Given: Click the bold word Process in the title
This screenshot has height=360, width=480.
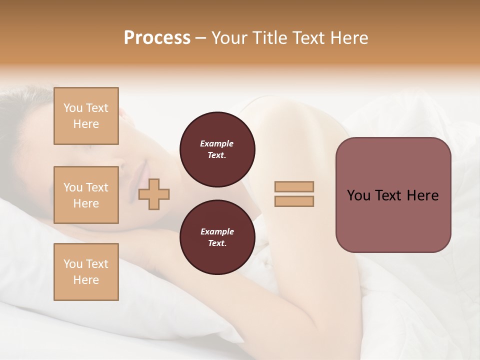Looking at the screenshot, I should click(x=157, y=38).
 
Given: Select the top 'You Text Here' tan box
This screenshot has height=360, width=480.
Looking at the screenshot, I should click(x=86, y=116).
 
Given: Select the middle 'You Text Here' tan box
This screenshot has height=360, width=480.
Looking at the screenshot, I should click(x=86, y=195).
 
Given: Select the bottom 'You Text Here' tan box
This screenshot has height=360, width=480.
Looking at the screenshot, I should click(x=86, y=271).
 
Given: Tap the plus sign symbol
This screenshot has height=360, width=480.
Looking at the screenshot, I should click(x=154, y=194).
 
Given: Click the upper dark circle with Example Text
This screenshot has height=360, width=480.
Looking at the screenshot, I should click(x=217, y=149).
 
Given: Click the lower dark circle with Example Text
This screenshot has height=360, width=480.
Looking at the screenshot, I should click(x=217, y=237).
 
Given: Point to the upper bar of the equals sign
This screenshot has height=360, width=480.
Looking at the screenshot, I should click(x=294, y=186).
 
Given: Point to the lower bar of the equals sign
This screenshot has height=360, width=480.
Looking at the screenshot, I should click(x=294, y=201).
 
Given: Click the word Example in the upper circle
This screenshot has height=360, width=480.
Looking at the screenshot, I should click(x=217, y=143).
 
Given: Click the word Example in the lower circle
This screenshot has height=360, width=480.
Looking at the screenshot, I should click(x=217, y=231).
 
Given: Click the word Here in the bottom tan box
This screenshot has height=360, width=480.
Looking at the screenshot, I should click(x=86, y=280).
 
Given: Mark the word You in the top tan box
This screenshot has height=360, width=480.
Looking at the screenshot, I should click(x=73, y=108).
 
